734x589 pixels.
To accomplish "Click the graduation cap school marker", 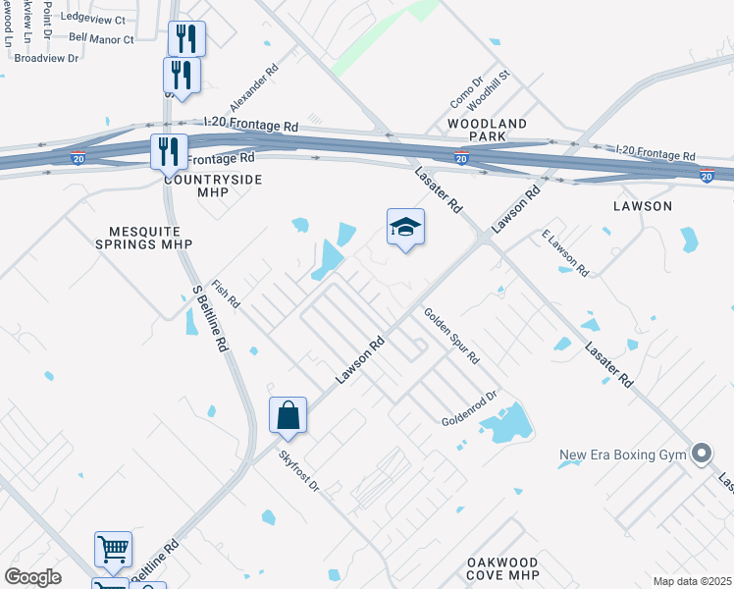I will click(x=406, y=228).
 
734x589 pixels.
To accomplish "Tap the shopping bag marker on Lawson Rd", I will click(x=288, y=416).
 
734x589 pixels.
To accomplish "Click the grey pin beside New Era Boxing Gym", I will click(x=701, y=453).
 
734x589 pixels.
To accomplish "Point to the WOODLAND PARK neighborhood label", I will click(x=488, y=130).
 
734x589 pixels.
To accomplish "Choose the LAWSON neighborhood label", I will click(x=643, y=206).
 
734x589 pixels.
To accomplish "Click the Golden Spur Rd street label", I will click(x=450, y=336).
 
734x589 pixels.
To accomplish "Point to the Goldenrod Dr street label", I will click(x=470, y=407).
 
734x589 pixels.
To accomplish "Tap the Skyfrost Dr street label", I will click(x=299, y=470).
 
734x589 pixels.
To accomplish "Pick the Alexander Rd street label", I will click(x=254, y=87).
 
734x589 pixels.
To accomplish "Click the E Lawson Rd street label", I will click(x=564, y=253).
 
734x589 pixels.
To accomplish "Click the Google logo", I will click(x=33, y=577).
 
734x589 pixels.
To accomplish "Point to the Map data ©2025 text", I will click(x=691, y=581).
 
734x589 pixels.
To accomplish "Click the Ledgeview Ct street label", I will click(x=92, y=19).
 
